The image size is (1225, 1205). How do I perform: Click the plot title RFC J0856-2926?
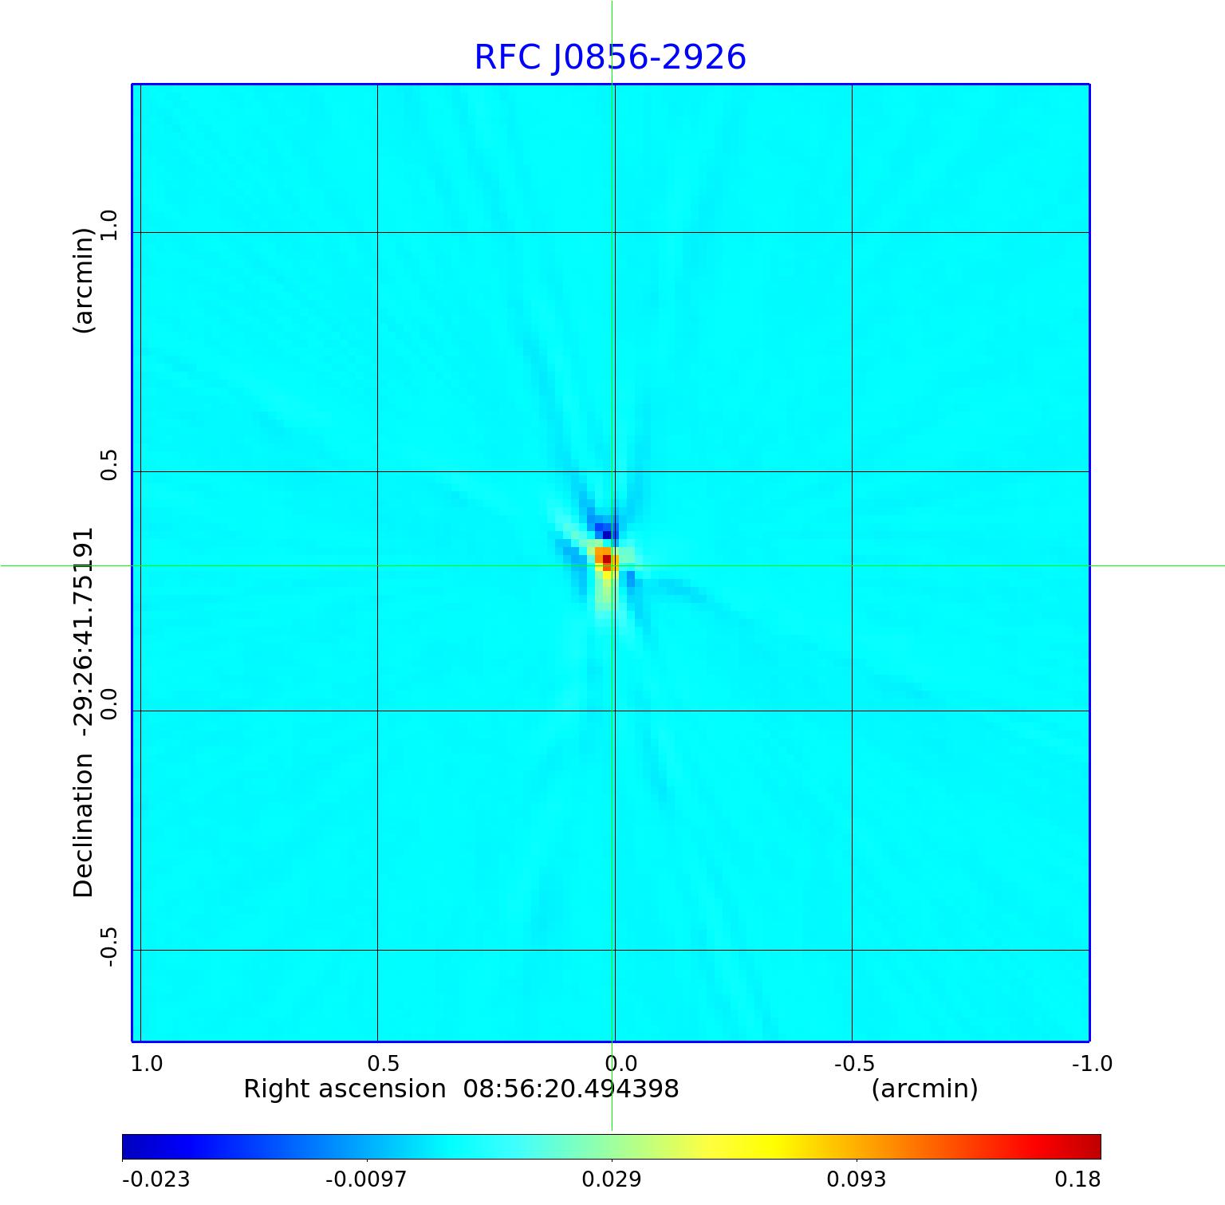[x=610, y=57]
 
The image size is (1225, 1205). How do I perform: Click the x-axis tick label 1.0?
[x=147, y=1064]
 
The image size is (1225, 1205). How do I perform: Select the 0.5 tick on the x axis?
[x=383, y=1064]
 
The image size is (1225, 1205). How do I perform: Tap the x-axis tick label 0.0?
[x=620, y=1064]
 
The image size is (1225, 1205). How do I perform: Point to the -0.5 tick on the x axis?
[x=854, y=1064]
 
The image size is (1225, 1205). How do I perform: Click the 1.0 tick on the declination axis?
[x=108, y=225]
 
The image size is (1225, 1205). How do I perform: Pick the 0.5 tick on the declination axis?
[x=108, y=465]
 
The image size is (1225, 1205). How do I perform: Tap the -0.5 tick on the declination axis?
[x=108, y=947]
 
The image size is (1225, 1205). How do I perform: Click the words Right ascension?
[x=345, y=1089]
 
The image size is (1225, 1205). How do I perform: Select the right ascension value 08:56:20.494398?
[x=571, y=1089]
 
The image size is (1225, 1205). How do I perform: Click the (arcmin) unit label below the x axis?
[x=924, y=1089]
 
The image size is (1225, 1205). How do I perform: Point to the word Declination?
[x=83, y=826]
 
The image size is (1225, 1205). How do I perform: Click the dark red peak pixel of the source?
[x=607, y=560]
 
